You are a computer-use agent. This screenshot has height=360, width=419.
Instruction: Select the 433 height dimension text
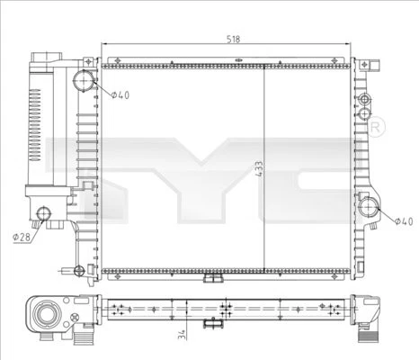click(258, 171)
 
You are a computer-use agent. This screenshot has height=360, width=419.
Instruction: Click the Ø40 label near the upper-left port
click(120, 95)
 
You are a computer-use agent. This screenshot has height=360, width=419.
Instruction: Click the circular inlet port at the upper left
click(84, 82)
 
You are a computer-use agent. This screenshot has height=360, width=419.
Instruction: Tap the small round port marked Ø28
click(44, 213)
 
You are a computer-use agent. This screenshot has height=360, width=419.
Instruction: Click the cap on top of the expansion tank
click(43, 58)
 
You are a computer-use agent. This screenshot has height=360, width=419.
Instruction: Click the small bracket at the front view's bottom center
click(211, 278)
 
